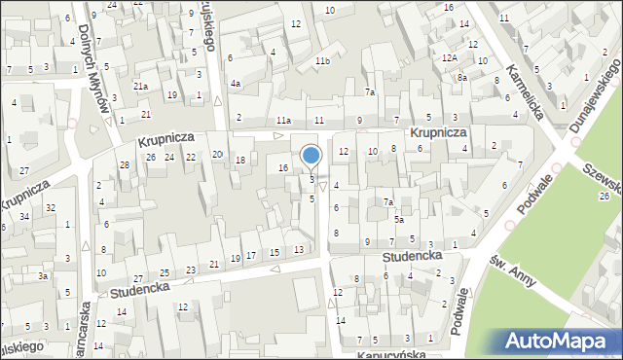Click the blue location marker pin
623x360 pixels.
point(311,156)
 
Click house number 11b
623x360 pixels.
point(321,62)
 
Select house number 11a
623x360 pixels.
point(282,120)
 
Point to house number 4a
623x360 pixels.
point(235,84)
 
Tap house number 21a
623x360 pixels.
point(141,87)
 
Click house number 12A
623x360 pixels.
point(449,59)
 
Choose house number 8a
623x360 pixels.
point(463,77)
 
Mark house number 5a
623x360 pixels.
point(399,221)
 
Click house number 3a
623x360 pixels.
point(43,276)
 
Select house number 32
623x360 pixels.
point(50,208)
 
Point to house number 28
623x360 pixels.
point(124,164)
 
